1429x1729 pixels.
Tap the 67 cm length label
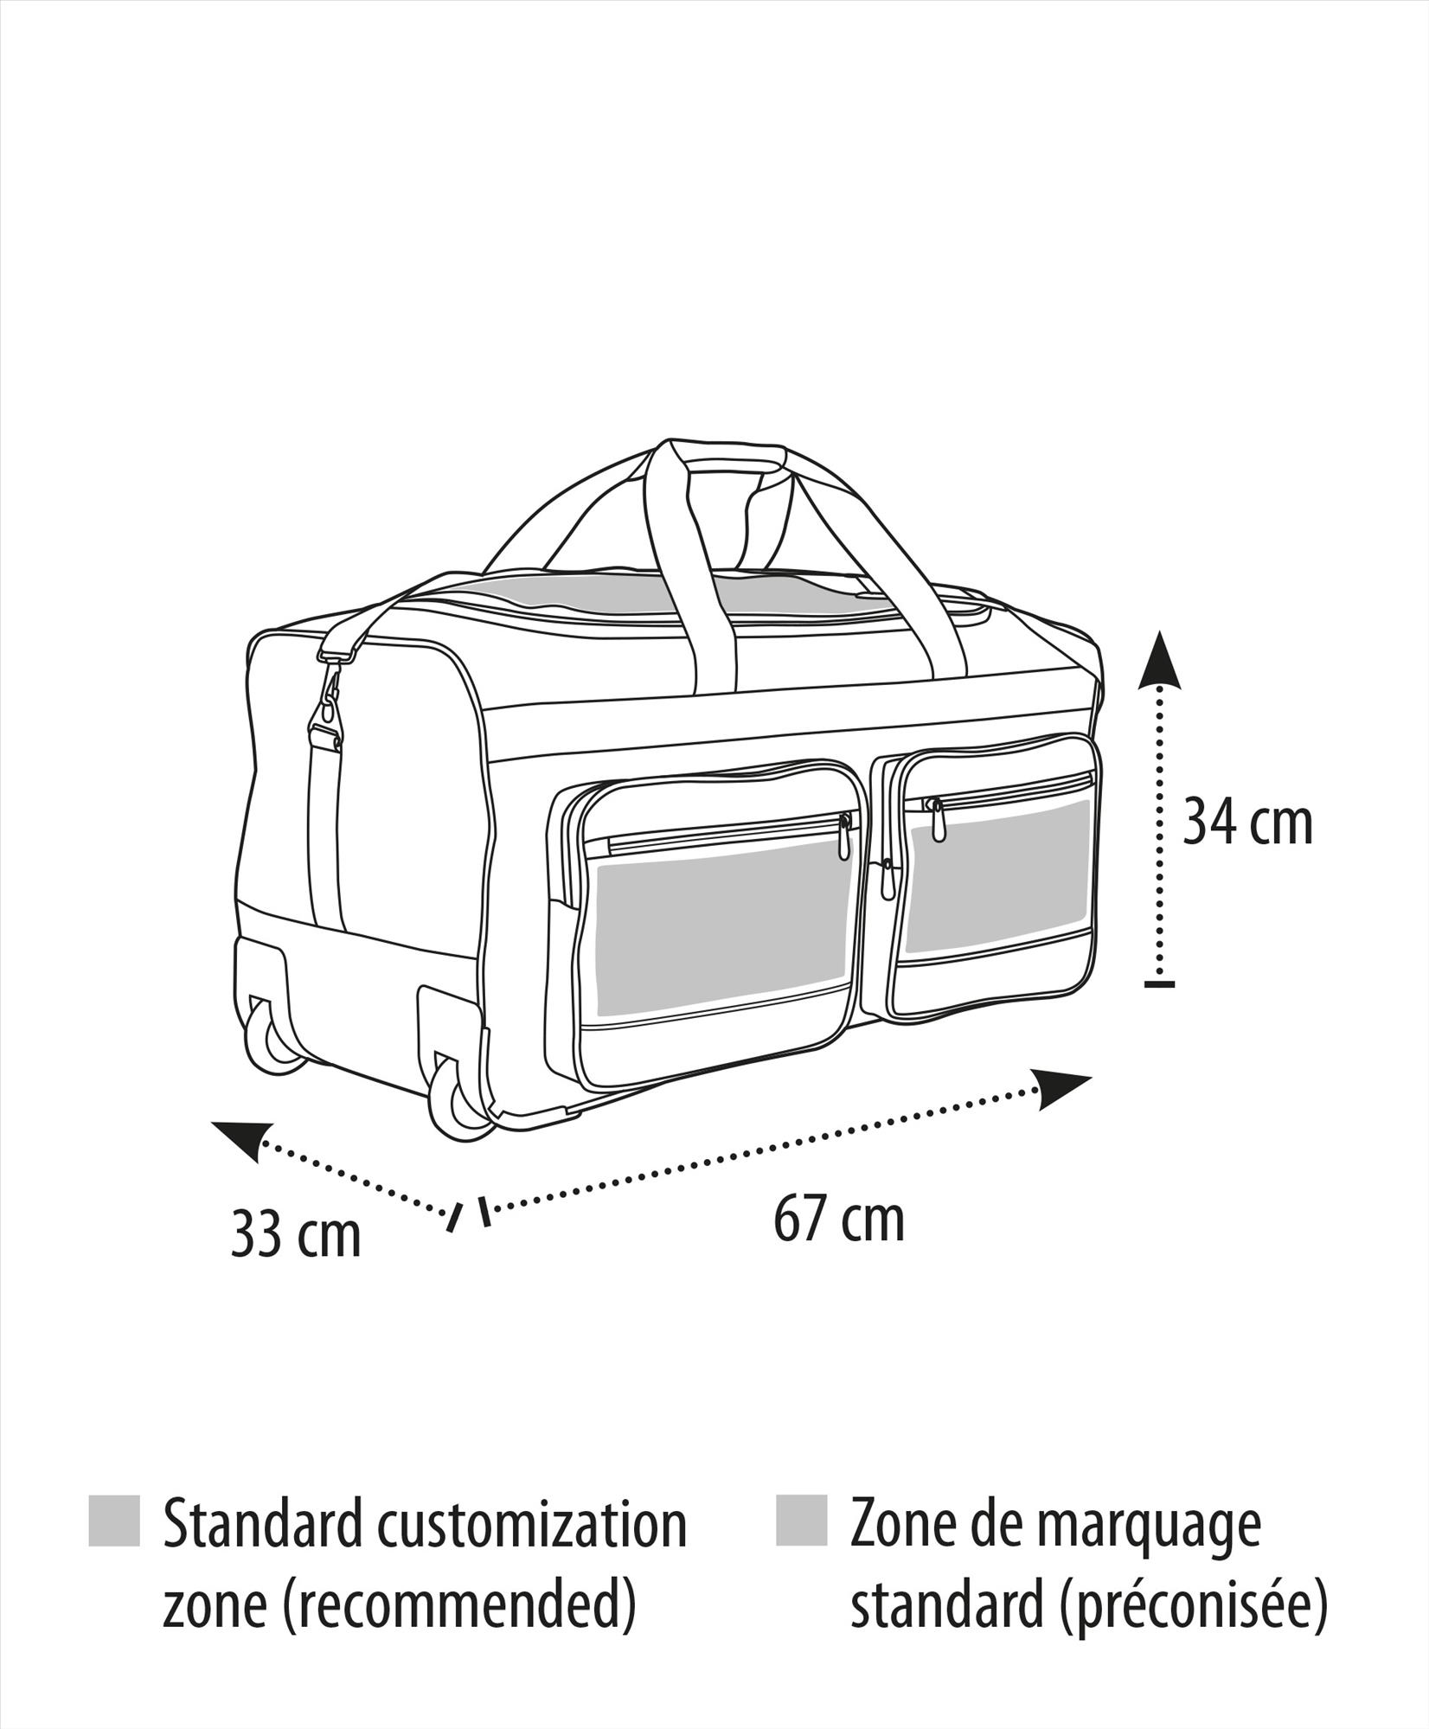tap(839, 1219)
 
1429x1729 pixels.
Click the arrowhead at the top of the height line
tap(1159, 659)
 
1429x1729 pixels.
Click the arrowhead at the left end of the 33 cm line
tap(242, 1139)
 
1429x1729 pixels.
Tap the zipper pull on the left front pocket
tap(845, 838)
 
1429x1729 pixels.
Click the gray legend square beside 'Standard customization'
tap(114, 1520)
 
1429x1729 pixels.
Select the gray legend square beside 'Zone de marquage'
tap(801, 1520)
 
